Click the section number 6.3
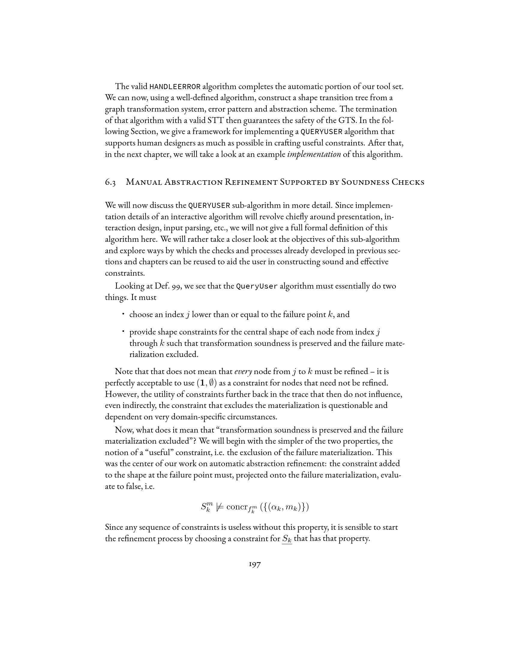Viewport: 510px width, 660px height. click(x=110, y=182)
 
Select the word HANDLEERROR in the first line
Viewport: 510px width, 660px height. click(x=175, y=87)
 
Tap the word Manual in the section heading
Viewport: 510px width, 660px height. click(x=143, y=182)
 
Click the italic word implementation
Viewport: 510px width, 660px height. click(x=314, y=154)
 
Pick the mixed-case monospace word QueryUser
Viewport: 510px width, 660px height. click(x=257, y=286)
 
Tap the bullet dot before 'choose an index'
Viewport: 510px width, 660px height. click(x=123, y=314)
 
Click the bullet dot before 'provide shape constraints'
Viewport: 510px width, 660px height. click(x=123, y=331)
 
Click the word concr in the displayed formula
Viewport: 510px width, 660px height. click(x=237, y=506)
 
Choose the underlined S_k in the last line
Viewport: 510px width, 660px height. click(x=287, y=539)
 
